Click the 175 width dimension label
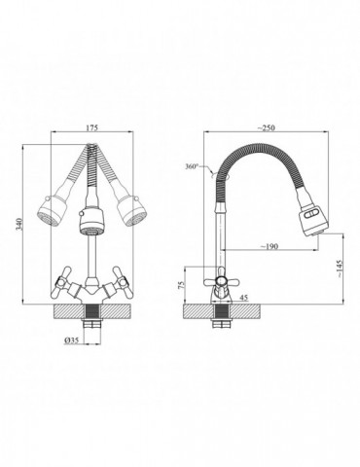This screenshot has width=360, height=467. (91, 127)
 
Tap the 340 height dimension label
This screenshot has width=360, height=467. (19, 224)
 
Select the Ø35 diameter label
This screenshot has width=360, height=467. (71, 341)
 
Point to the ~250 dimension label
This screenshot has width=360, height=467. (266, 127)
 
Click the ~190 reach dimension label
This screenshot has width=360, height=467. (270, 246)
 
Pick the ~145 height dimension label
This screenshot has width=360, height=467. (339, 269)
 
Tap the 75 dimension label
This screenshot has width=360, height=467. (182, 284)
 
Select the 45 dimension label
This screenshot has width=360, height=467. (243, 298)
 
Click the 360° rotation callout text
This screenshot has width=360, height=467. (192, 166)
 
